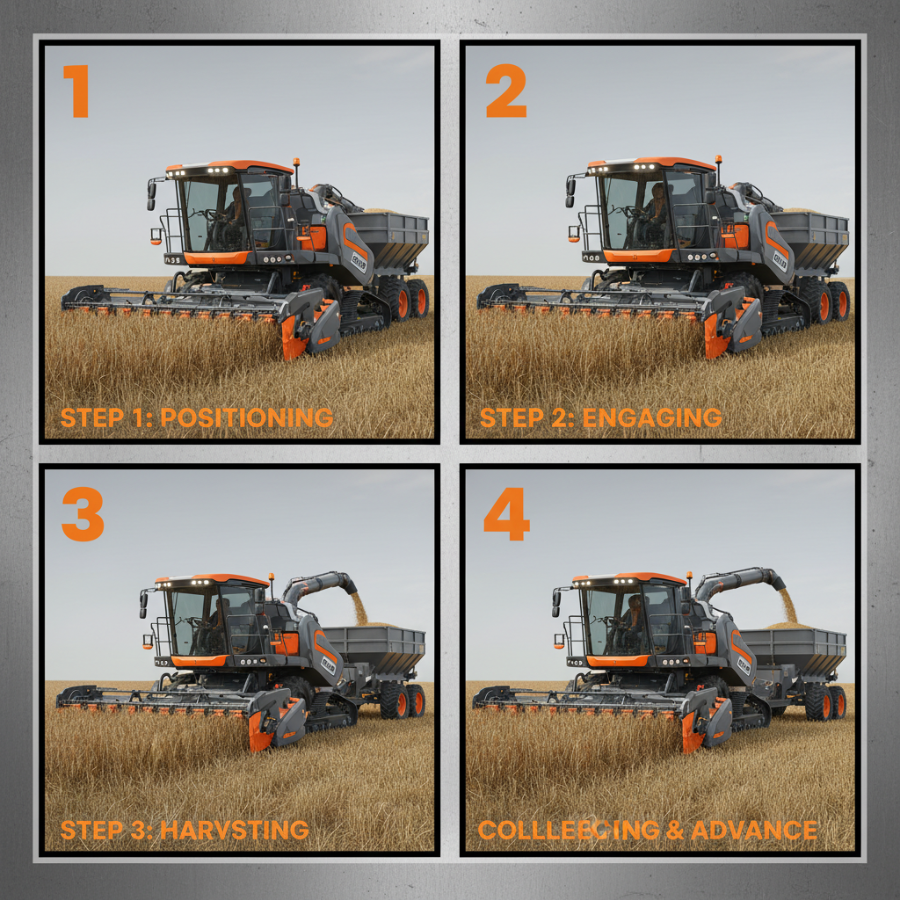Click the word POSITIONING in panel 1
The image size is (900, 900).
247,417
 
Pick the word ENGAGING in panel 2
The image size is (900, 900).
651,417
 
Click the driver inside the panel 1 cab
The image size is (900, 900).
234,211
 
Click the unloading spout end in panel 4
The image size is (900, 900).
775,579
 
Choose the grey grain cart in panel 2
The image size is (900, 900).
809,233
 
